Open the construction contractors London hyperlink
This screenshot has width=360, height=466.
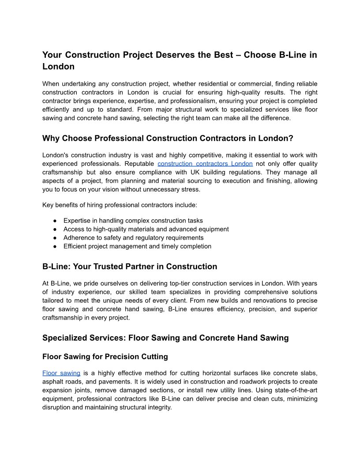pos(205,164)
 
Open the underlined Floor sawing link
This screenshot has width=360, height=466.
pos(61,373)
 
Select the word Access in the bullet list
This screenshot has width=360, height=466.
pos(73,229)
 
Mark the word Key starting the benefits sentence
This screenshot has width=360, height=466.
pos(48,205)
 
